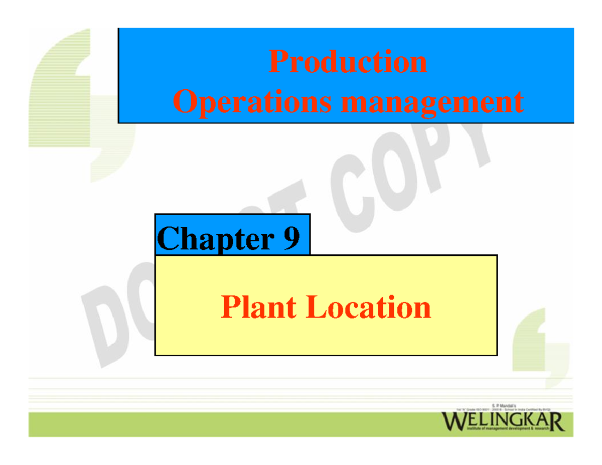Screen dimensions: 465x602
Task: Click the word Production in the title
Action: (x=348, y=62)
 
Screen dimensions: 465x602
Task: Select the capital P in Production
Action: (x=277, y=62)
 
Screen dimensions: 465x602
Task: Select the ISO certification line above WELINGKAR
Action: (x=503, y=409)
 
